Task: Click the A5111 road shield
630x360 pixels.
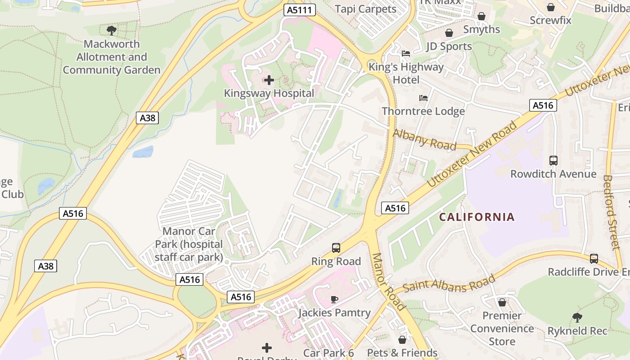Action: (300, 10)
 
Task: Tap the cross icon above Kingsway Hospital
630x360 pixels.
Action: (269, 81)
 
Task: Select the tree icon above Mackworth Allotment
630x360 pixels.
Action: (112, 31)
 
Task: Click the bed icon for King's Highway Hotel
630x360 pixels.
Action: (406, 54)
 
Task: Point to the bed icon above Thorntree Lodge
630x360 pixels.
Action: (423, 98)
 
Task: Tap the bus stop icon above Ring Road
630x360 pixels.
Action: (336, 247)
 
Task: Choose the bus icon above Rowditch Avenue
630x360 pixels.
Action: (553, 160)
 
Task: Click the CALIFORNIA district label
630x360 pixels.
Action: (477, 217)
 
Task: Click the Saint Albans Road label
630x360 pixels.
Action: (449, 283)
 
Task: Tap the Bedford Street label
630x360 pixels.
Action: (611, 212)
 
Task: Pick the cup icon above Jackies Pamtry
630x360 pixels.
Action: (334, 299)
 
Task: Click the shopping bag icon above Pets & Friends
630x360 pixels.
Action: (402, 339)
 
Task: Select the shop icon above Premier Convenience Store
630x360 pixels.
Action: (502, 302)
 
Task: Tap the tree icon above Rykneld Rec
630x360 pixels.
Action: (577, 318)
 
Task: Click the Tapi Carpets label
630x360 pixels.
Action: (365, 9)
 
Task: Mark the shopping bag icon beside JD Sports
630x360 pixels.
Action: (449, 33)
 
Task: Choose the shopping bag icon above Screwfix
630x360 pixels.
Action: (550, 7)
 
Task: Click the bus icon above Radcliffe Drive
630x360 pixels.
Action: (594, 259)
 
